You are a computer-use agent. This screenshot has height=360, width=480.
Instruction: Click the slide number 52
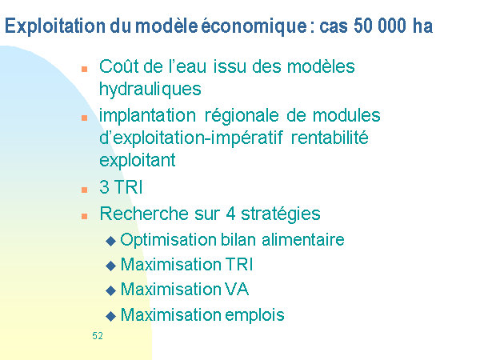[98, 336]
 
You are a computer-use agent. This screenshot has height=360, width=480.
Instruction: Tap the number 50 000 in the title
[380, 26]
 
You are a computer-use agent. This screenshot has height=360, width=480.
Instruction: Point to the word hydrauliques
[150, 90]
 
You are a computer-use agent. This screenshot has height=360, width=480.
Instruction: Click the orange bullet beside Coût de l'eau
[85, 69]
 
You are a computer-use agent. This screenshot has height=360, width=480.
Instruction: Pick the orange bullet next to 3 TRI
[85, 190]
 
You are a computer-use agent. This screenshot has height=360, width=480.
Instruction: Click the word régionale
[242, 117]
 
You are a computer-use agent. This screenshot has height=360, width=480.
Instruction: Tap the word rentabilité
[330, 138]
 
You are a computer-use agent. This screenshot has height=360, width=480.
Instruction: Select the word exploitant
[138, 161]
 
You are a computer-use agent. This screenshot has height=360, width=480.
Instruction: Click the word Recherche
[144, 214]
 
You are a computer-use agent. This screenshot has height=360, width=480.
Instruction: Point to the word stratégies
[281, 214]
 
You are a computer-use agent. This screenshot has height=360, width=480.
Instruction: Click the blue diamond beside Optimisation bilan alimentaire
[110, 241]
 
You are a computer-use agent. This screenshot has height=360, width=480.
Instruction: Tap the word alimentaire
[303, 239]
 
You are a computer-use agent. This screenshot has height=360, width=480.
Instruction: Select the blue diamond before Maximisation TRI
[110, 266]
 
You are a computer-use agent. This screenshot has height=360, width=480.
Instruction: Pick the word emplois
[254, 315]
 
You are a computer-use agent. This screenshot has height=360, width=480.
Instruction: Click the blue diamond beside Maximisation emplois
[110, 316]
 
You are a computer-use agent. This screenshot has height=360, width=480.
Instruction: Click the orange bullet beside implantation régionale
[85, 118]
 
